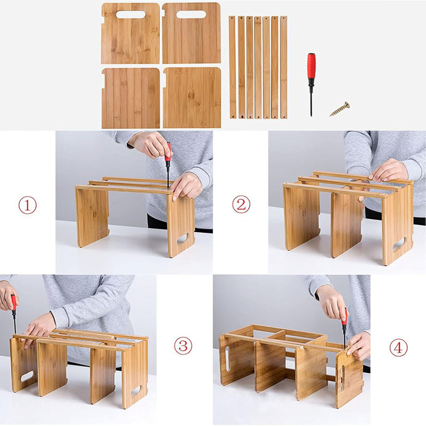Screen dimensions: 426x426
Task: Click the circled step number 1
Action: tap(28, 204)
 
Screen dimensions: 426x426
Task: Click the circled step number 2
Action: tap(241, 204)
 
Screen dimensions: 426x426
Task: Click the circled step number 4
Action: tap(398, 348)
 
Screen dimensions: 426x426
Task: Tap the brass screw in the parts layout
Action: tap(339, 109)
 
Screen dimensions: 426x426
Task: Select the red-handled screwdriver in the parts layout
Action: tap(311, 83)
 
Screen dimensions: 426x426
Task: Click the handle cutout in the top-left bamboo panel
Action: tap(130, 15)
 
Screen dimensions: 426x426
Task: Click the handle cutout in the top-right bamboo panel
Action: tap(191, 15)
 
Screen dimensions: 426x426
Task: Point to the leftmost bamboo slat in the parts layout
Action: tap(232, 67)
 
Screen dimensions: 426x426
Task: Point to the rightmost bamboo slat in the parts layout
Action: tap(283, 67)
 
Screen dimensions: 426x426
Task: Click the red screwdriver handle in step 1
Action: tap(168, 152)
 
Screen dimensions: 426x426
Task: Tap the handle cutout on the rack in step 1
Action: tap(182, 239)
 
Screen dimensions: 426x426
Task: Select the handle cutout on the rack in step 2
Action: tap(399, 244)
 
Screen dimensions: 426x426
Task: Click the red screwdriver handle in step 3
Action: tap(13, 302)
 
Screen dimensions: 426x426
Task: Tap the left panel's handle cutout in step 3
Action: tap(27, 376)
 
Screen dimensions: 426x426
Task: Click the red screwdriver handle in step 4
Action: tap(344, 316)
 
